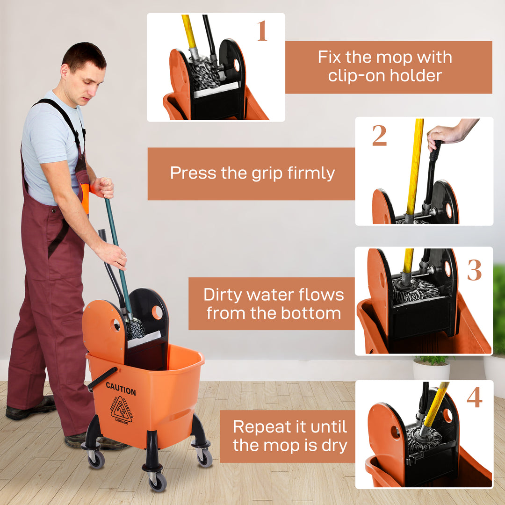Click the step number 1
pyautogui.click(x=261, y=31)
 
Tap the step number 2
pyautogui.click(x=379, y=136)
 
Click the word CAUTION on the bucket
pyautogui.click(x=121, y=389)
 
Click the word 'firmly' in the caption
pyautogui.click(x=312, y=173)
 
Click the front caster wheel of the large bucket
pyautogui.click(x=158, y=480)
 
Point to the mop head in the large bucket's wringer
pyautogui.click(x=136, y=329)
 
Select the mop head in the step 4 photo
pyautogui.click(x=423, y=440)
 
